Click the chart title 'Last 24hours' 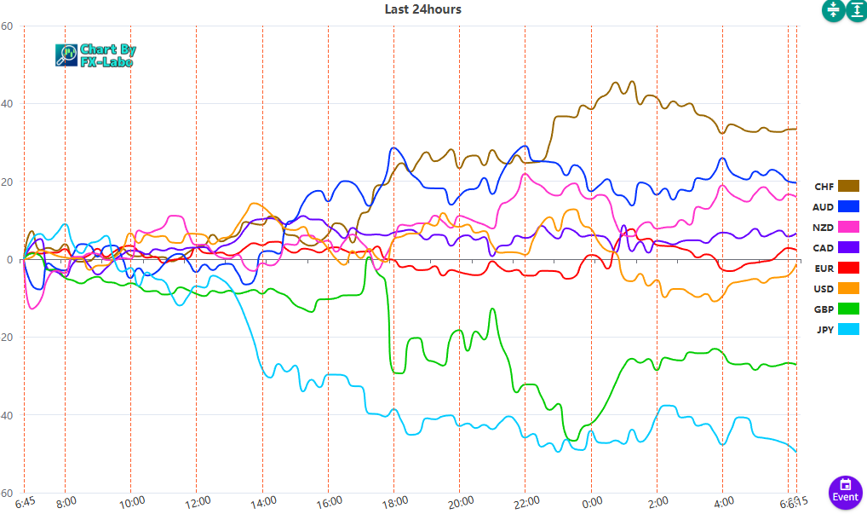(x=422, y=9)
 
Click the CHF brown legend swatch (x=848, y=186)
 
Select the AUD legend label (x=823, y=207)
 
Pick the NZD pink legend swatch (x=848, y=227)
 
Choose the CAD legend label (x=823, y=248)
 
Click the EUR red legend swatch (x=848, y=268)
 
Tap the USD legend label (x=823, y=289)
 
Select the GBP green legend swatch (x=848, y=309)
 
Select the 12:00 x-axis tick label (x=198, y=501)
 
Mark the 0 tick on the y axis (x=8, y=260)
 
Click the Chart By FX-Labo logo (x=95, y=55)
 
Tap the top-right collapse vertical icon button (x=832, y=10)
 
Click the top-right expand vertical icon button (x=855, y=10)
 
